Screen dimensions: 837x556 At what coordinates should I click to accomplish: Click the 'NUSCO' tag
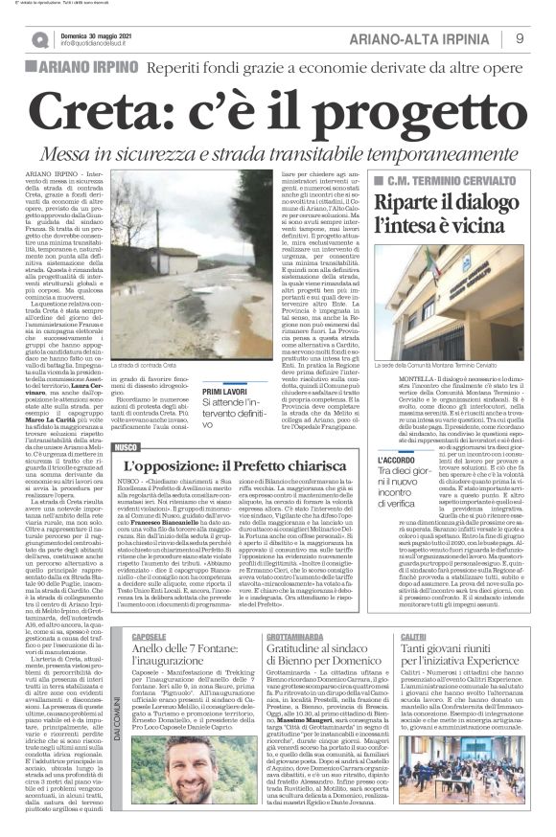tap(127, 446)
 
